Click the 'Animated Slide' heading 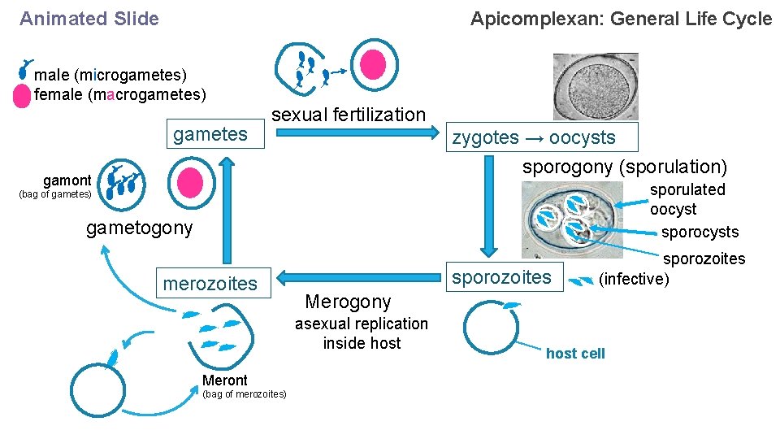pos(89,19)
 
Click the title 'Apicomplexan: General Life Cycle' pos(621,19)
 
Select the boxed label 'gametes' pos(210,134)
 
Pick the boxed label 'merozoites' pos(210,283)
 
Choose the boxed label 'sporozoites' pos(501,277)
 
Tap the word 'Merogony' pos(348,302)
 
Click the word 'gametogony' pos(140,228)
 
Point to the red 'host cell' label pos(575,354)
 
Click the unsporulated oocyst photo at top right pos(596,87)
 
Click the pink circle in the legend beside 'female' pos(23,96)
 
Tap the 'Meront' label pos(224,380)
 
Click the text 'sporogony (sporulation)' pos(624,167)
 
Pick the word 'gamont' pos(67,180)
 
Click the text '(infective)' pos(634,279)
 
